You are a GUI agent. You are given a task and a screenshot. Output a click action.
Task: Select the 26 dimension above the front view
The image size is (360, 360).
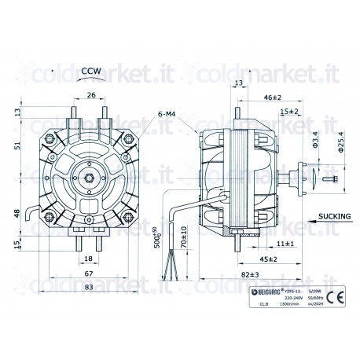coord(90,96)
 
